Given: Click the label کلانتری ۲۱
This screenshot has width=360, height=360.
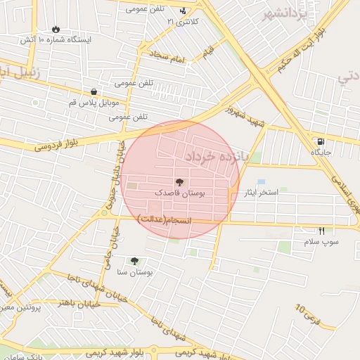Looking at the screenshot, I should pyautogui.click(x=183, y=22).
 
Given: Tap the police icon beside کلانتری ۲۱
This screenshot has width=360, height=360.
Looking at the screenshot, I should pyautogui.click(x=184, y=11).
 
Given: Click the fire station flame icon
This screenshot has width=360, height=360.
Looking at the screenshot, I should pyautogui.click(x=56, y=29).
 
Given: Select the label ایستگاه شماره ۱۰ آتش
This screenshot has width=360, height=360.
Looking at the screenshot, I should pyautogui.click(x=56, y=40).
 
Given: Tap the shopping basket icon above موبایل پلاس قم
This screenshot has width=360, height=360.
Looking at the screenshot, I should pyautogui.click(x=94, y=91).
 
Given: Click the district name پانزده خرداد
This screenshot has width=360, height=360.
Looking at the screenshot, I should pyautogui.click(x=219, y=155).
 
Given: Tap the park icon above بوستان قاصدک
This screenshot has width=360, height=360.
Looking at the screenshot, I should pyautogui.click(x=179, y=182).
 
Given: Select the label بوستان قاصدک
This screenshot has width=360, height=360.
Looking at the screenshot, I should pyautogui.click(x=179, y=193).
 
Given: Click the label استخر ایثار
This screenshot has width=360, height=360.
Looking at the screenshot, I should pyautogui.click(x=261, y=192).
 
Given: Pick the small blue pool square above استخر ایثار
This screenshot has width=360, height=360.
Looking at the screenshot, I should pyautogui.click(x=261, y=182).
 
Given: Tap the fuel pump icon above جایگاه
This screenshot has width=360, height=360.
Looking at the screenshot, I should pyautogui.click(x=321, y=141).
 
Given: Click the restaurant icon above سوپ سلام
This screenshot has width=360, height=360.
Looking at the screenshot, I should pyautogui.click(x=321, y=231).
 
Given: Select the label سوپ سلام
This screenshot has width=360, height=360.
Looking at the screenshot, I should pyautogui.click(x=321, y=242).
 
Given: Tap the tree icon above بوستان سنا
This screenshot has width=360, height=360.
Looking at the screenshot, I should pyautogui.click(x=134, y=261).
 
